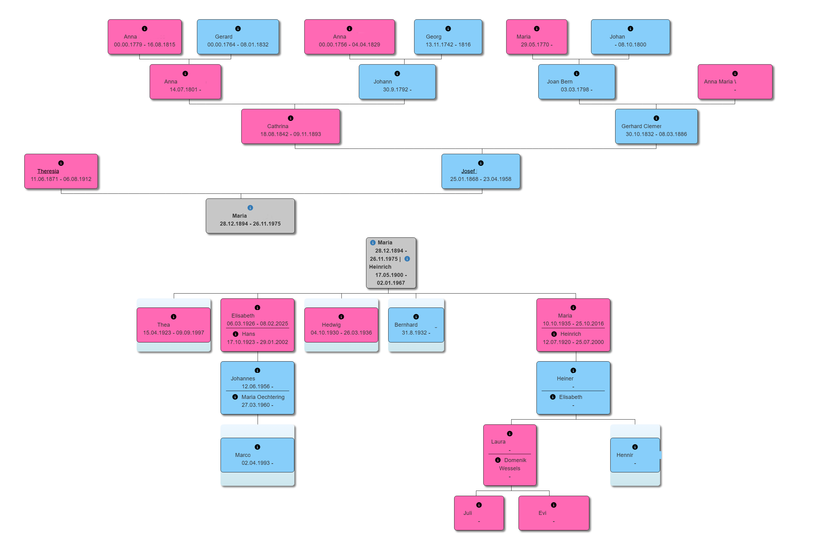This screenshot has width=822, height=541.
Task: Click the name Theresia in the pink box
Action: click(48, 171)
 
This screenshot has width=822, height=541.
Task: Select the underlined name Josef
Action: click(468, 171)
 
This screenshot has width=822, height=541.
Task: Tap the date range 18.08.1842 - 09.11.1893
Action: click(290, 134)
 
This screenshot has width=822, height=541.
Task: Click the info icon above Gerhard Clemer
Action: click(656, 118)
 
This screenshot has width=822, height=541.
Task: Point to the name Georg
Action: click(433, 37)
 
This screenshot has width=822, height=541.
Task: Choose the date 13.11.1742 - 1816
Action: click(448, 45)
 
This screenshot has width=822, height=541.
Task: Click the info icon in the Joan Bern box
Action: click(577, 73)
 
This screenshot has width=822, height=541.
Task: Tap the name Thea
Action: click(163, 325)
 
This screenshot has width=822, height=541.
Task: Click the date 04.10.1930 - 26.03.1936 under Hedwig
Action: click(341, 333)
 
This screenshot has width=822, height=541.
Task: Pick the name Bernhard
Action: click(406, 325)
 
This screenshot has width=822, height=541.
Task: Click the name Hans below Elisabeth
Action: click(248, 334)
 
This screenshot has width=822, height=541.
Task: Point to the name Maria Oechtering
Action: click(263, 397)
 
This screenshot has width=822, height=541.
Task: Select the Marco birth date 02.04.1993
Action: click(257, 463)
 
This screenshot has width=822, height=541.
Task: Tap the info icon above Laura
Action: click(510, 434)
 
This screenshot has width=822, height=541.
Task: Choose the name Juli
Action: click(468, 513)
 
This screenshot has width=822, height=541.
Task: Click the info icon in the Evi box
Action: click(554, 505)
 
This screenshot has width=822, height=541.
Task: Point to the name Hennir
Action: click(625, 455)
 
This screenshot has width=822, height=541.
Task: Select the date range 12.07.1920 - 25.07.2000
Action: click(573, 342)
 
